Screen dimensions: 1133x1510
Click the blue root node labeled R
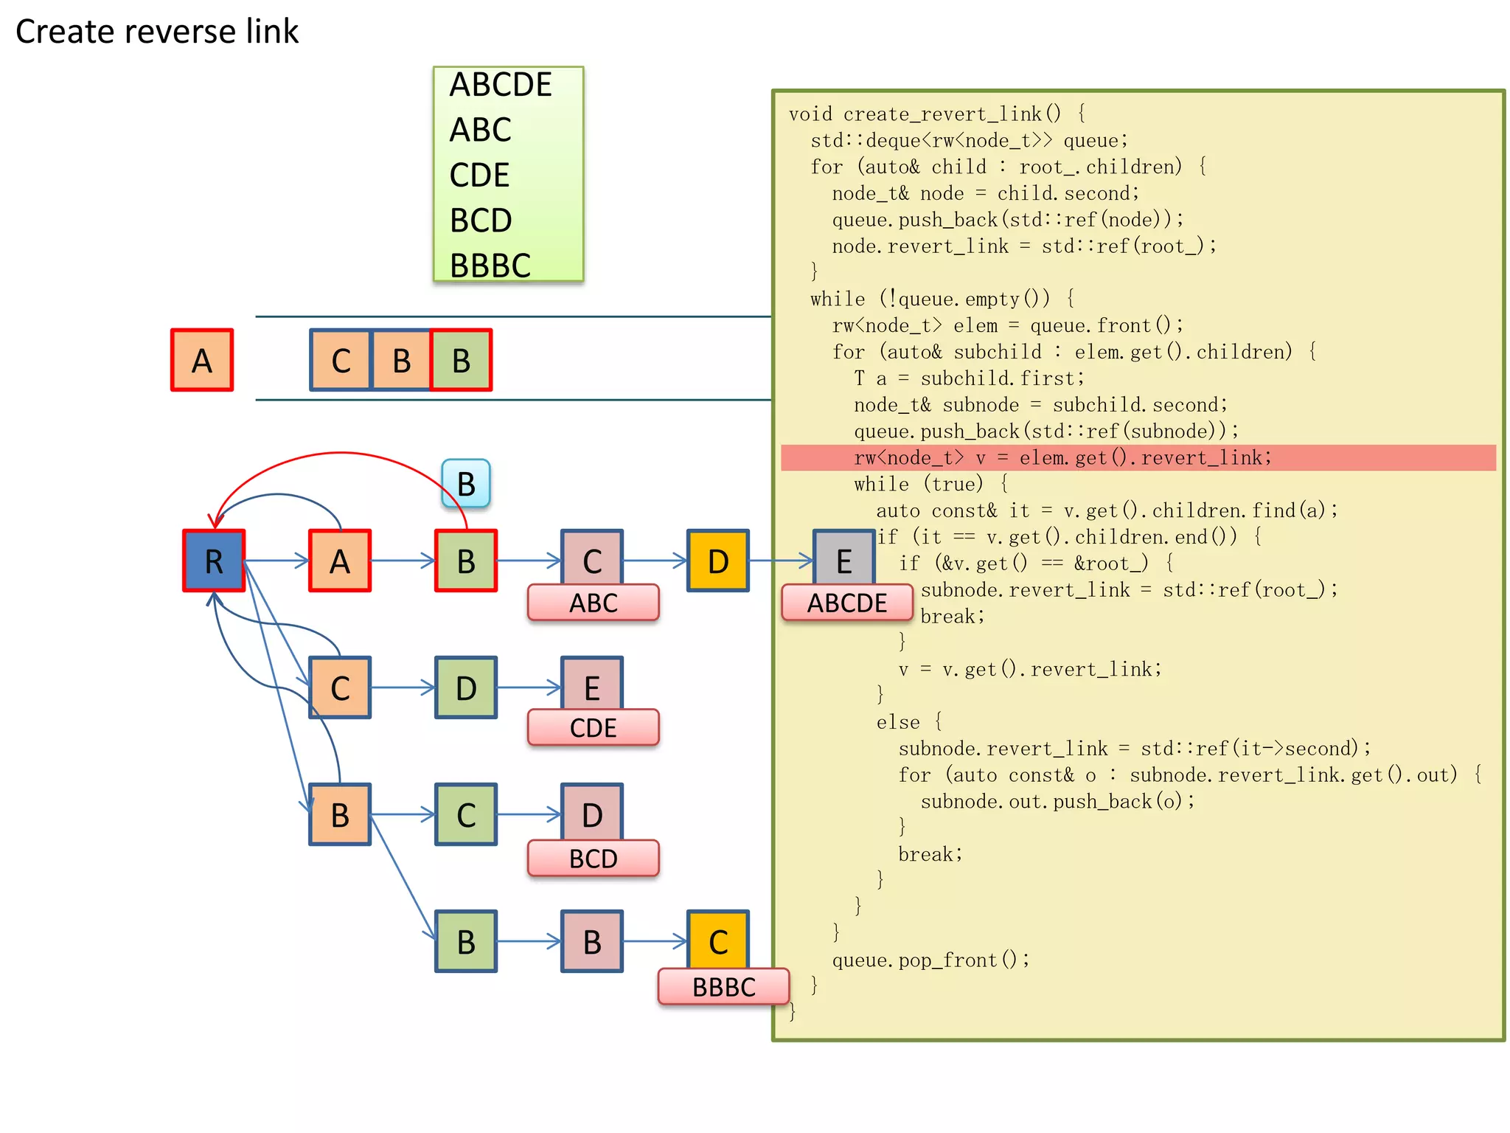tap(213, 561)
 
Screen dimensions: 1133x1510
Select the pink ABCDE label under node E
tap(846, 603)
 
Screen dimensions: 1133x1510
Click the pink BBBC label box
tap(723, 986)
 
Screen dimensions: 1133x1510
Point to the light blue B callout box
tap(465, 483)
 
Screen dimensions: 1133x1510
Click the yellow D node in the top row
tap(717, 561)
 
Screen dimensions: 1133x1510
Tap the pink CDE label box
tap(593, 727)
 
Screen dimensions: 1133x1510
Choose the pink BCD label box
tap(593, 858)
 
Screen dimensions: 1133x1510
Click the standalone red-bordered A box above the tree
tap(201, 360)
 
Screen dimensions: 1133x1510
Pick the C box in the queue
tap(341, 360)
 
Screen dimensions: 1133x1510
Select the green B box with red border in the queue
tap(461, 360)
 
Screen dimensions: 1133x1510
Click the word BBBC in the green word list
tap(490, 266)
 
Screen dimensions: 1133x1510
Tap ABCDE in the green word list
tap(501, 85)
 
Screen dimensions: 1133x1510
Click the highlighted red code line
tap(1062, 457)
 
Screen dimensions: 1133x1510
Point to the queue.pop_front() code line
tap(930, 960)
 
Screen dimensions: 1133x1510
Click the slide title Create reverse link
tap(157, 32)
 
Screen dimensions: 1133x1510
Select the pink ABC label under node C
tap(593, 603)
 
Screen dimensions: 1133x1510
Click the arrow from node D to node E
tap(780, 561)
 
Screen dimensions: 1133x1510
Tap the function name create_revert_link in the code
tap(942, 114)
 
